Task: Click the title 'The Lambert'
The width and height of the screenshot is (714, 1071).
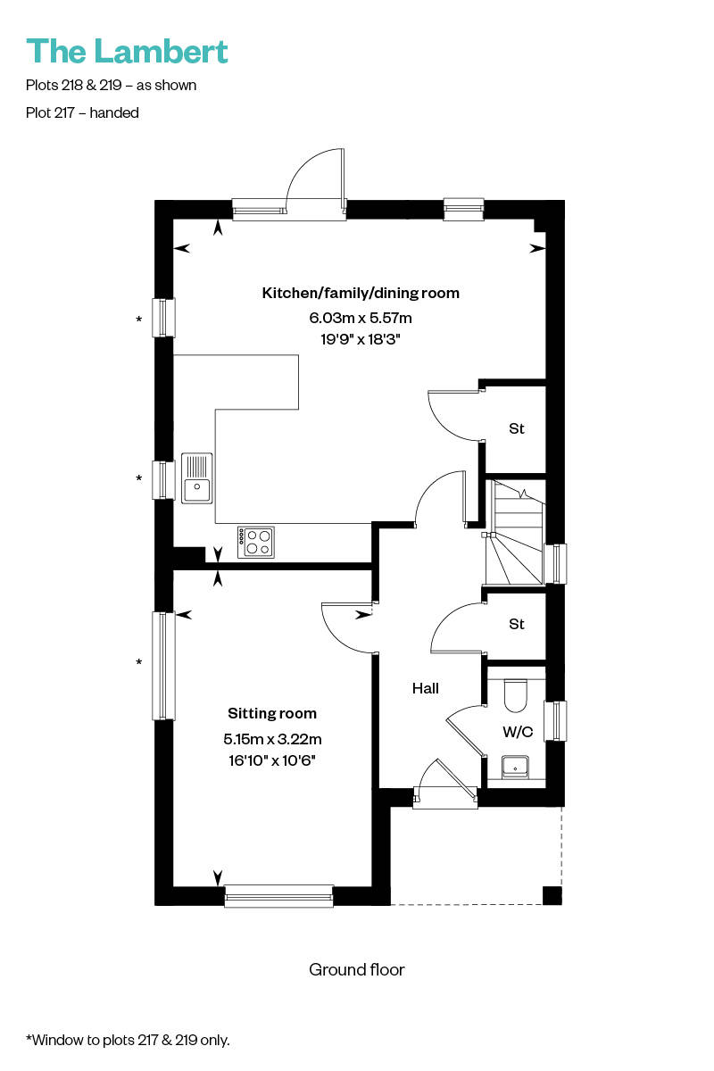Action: tap(127, 52)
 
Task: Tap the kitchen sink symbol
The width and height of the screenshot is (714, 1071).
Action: tap(196, 478)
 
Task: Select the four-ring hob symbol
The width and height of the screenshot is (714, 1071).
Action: tap(256, 543)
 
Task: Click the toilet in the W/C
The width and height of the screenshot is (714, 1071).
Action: tap(516, 695)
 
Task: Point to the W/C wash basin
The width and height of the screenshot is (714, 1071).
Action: tap(515, 767)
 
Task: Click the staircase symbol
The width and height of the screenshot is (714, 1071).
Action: tap(515, 532)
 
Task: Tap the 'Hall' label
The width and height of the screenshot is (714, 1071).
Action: tap(425, 688)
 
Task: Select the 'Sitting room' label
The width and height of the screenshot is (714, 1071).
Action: tap(272, 713)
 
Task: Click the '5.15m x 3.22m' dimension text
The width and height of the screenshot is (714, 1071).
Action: tap(272, 739)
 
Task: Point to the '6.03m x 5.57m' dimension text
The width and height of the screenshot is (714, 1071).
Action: tap(361, 318)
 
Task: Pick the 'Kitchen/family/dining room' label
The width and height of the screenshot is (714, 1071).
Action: tap(361, 293)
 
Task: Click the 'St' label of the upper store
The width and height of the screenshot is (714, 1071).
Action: tap(517, 428)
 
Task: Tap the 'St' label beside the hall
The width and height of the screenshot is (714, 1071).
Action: tap(517, 624)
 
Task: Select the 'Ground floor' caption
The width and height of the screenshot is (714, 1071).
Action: tap(357, 969)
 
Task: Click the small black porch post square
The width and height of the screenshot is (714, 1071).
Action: tap(552, 895)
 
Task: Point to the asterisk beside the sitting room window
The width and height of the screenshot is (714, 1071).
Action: tap(138, 662)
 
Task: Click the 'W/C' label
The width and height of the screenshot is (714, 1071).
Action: tap(518, 732)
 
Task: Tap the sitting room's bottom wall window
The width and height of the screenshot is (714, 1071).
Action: tap(278, 895)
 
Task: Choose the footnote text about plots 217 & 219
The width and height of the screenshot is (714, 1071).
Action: tap(128, 1040)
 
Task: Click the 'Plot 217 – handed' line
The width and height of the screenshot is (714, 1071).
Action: tap(82, 112)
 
